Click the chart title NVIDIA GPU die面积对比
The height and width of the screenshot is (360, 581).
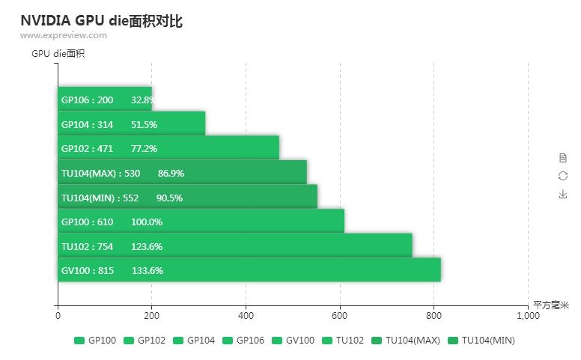click(101, 20)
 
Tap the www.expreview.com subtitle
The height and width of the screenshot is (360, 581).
click(64, 35)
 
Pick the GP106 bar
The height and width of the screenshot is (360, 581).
click(105, 100)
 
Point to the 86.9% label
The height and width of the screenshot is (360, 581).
click(171, 173)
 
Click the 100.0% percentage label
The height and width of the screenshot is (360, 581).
click(147, 222)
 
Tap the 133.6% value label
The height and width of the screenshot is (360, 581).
click(147, 270)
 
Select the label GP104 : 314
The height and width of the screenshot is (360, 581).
click(87, 124)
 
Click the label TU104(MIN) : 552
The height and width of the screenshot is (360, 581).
click(100, 198)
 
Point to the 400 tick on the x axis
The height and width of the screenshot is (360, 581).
click(246, 316)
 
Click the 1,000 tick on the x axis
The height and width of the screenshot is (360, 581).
click(528, 316)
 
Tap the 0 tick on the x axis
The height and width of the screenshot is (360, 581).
click(58, 316)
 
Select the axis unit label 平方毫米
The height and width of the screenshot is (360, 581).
click(551, 305)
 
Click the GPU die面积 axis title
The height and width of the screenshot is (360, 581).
click(58, 53)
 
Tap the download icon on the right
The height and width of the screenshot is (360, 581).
click(563, 194)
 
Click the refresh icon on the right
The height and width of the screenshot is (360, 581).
click(563, 175)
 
